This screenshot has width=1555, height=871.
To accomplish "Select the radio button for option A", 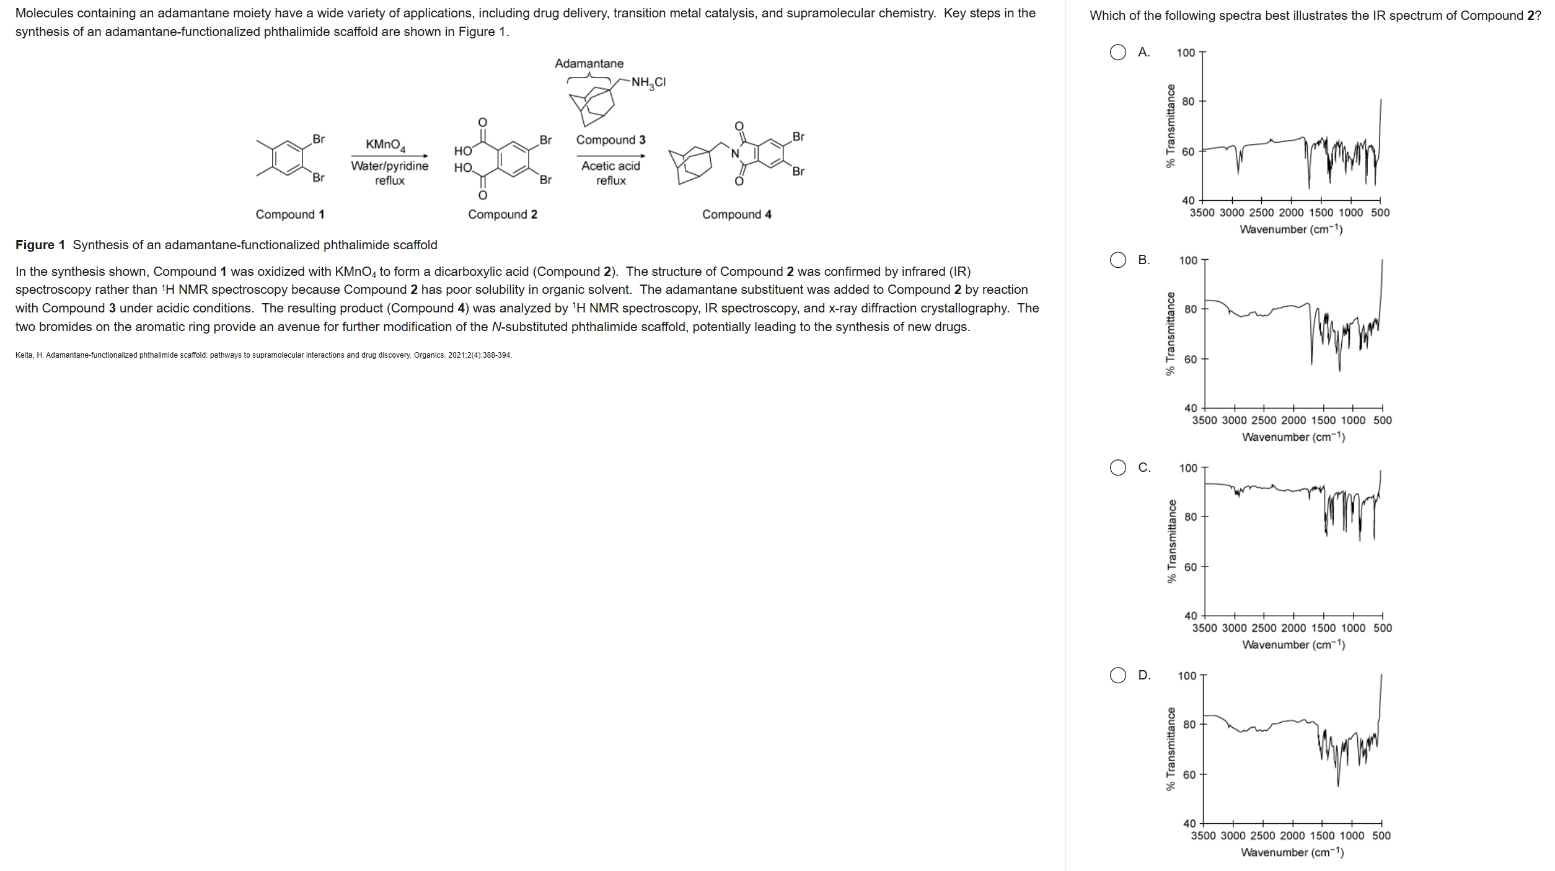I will coord(1117,52).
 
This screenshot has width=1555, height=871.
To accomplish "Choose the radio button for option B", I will coord(1117,260).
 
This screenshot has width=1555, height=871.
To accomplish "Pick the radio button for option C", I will coord(1117,467).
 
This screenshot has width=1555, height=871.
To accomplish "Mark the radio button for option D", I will coord(1117,675).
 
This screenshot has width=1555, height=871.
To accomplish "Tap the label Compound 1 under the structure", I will coord(290,214).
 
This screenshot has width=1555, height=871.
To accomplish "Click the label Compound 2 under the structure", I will coord(503,214).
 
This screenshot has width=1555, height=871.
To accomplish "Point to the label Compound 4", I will coord(736,214).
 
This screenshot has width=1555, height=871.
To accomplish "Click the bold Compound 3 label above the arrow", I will coord(610,140).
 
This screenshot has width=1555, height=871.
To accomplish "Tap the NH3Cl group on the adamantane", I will coord(648,82).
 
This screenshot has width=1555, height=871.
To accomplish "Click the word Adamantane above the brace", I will coord(589,63).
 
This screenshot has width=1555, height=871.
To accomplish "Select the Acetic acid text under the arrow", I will coord(610,166).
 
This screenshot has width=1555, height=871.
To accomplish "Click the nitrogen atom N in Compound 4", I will coord(735,154).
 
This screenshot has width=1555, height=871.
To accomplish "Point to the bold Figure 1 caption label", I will coord(40,245).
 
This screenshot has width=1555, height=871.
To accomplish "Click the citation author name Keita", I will coord(24,355).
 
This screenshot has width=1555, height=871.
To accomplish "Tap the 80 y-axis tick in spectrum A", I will coord(1187,102).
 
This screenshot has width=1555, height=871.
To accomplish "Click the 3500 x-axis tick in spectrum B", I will coord(1204,420).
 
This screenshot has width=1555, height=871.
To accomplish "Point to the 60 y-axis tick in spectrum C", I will coord(1190,567).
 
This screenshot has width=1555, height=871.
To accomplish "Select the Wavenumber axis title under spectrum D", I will coord(1292,852).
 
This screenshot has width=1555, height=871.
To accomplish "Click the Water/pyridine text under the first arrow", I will coord(389,166).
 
